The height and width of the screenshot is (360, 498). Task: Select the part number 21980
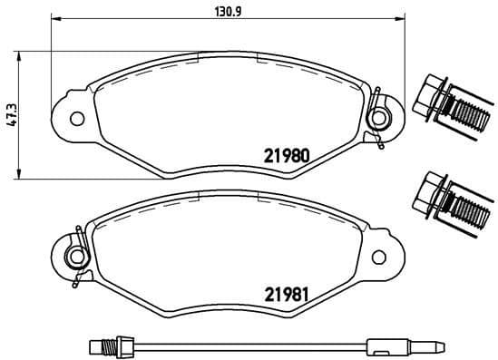(x=287, y=154)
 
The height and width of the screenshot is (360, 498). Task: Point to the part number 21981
(x=287, y=294)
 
